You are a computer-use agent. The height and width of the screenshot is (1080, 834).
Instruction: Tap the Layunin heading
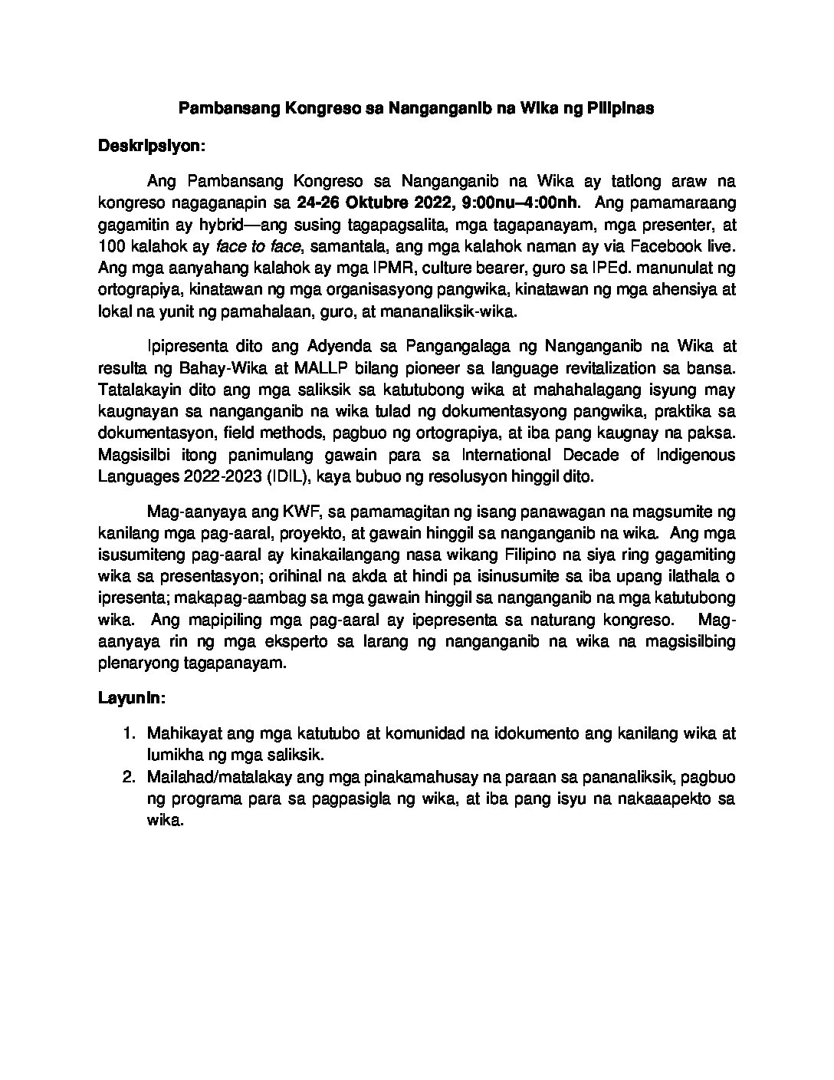[x=132, y=699]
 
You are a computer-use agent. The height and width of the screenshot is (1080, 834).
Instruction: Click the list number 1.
[x=128, y=733]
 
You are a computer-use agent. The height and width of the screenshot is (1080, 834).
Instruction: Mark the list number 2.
[x=128, y=778]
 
